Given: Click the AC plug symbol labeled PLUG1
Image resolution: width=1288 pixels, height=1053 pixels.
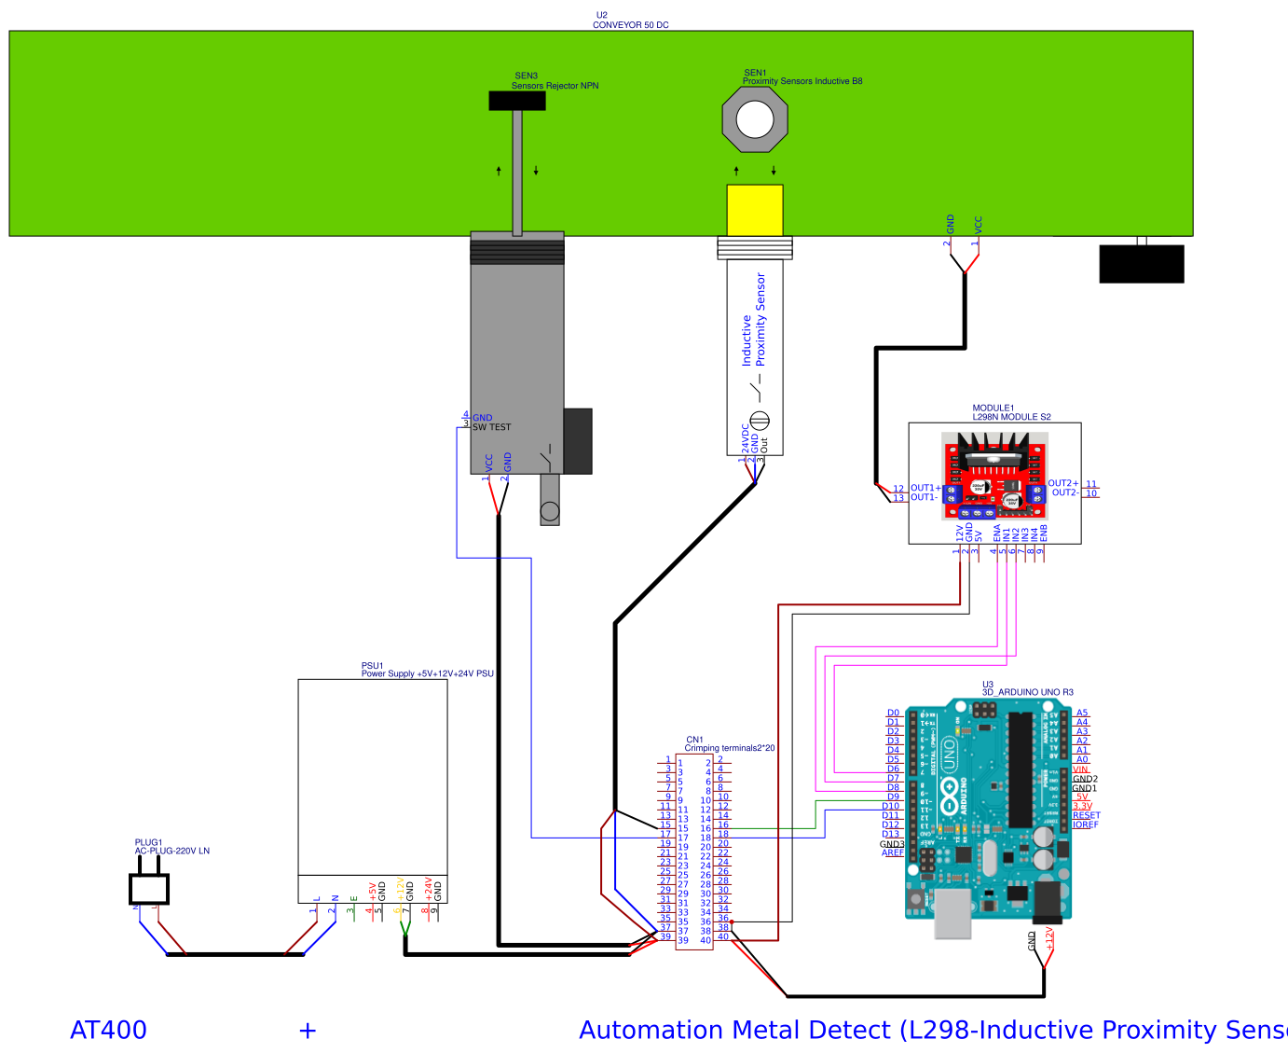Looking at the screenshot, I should click(149, 887).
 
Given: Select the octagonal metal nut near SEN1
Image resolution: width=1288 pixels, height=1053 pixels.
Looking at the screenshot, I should click(755, 120).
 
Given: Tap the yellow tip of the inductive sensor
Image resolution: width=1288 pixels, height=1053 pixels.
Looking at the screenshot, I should click(755, 210).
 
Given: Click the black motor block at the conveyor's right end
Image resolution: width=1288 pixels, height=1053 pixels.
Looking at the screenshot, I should click(1142, 263).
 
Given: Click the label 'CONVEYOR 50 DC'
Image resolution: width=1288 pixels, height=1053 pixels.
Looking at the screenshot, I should click(631, 25).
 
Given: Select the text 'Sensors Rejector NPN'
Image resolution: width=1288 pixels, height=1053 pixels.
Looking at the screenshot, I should click(555, 86).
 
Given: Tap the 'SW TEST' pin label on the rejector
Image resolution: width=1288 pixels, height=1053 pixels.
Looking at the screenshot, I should click(491, 427).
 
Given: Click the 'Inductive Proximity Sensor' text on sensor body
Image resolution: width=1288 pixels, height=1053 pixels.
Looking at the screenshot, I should click(753, 319).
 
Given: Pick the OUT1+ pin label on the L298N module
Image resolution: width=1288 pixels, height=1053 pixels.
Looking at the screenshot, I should click(925, 488).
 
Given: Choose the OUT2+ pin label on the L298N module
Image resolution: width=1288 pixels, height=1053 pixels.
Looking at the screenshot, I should click(1063, 483).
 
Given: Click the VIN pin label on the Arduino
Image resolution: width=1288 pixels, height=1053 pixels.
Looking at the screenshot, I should click(1080, 769).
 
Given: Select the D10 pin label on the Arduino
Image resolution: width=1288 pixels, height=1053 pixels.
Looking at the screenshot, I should click(891, 806).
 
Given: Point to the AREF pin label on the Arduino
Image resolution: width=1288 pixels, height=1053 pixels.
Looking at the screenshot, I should click(892, 852).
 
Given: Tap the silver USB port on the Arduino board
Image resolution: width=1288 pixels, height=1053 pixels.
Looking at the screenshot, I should click(952, 913).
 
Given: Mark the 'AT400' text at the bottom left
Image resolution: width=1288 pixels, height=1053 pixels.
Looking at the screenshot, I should click(108, 1030).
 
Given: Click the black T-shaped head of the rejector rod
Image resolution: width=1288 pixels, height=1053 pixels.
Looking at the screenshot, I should click(517, 101).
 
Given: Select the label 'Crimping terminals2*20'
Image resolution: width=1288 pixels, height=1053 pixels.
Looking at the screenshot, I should click(730, 748).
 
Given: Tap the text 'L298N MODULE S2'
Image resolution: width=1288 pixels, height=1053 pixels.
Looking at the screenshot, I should click(1011, 417).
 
